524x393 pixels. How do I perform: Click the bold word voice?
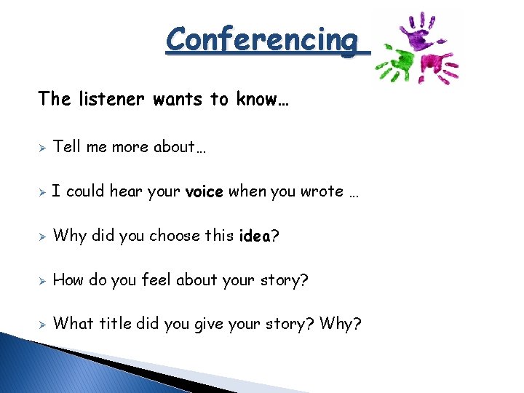point(205,192)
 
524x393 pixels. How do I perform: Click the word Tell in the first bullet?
point(67,147)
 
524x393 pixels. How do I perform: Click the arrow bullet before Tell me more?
point(43,148)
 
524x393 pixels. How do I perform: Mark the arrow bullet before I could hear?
point(43,192)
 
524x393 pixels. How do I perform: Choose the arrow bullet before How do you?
point(43,280)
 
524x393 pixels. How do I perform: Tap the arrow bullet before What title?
point(43,324)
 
